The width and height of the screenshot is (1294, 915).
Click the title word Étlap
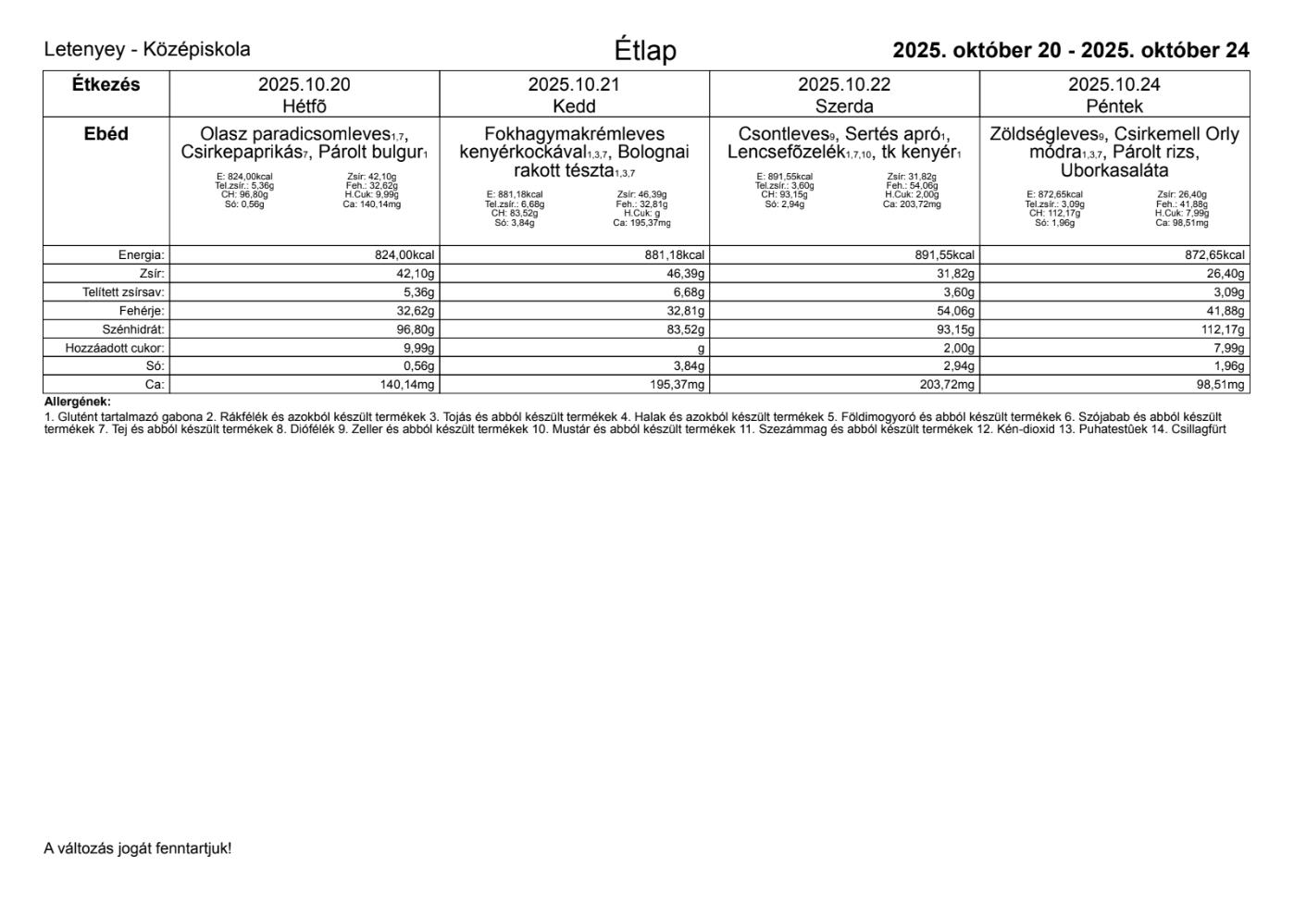(x=645, y=51)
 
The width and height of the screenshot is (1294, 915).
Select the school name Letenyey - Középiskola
(x=147, y=50)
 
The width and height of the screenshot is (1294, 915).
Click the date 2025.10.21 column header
(x=574, y=85)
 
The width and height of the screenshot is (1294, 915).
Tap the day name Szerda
(x=844, y=106)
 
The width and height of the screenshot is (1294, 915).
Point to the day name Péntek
(x=1114, y=106)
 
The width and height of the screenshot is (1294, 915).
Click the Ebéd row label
(x=106, y=134)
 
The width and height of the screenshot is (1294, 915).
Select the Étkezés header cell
(x=106, y=85)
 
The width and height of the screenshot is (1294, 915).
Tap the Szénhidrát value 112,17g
(x=1223, y=329)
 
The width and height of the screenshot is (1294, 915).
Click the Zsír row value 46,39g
(x=686, y=274)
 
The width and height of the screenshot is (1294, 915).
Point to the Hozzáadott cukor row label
(x=115, y=348)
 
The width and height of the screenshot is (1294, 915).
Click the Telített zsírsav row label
(x=123, y=292)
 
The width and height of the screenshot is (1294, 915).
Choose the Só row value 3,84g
(x=690, y=366)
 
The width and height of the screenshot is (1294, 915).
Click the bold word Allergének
(x=77, y=402)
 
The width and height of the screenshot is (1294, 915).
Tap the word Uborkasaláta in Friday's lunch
(x=1114, y=171)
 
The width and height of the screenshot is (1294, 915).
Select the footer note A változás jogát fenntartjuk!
(x=138, y=848)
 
